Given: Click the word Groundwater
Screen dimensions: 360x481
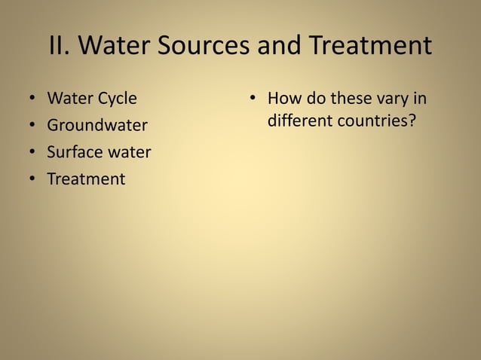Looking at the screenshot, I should pyautogui.click(x=97, y=125).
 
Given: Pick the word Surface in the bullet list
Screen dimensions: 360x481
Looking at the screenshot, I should pyautogui.click(x=73, y=152).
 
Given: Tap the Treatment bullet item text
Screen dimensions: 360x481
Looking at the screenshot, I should pyautogui.click(x=86, y=179).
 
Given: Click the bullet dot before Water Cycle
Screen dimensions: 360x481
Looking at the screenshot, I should pyautogui.click(x=32, y=99).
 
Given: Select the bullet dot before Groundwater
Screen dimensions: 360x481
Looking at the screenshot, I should pyautogui.click(x=32, y=126).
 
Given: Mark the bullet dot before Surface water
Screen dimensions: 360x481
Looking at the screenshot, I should pyautogui.click(x=32, y=153).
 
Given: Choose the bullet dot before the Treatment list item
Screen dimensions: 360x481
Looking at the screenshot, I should pyautogui.click(x=32, y=180).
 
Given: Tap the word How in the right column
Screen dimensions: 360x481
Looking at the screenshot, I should pyautogui.click(x=283, y=98).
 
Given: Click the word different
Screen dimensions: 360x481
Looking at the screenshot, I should pyautogui.click(x=300, y=121).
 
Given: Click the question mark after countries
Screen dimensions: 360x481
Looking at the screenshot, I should pyautogui.click(x=412, y=121).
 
